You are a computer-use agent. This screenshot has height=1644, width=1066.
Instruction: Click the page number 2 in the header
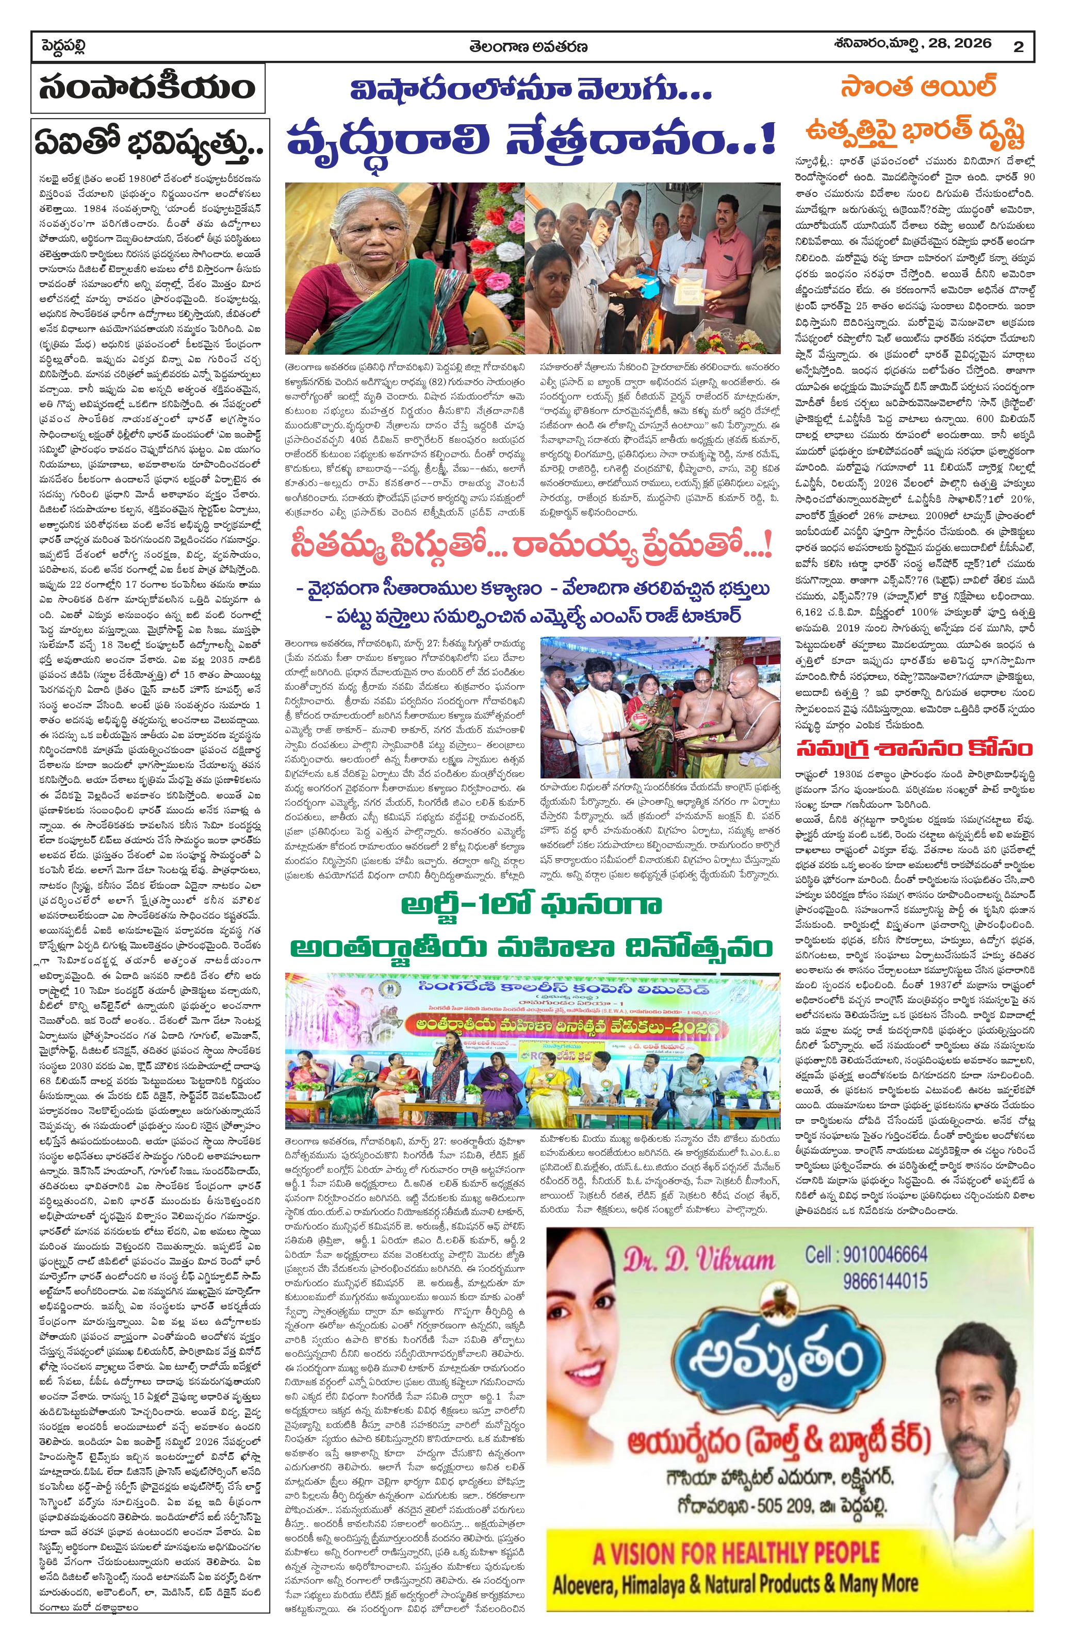tap(1019, 47)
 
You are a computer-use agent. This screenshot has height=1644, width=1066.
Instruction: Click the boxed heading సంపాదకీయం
tap(147, 89)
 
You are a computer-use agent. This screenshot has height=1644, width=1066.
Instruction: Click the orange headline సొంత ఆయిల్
tap(917, 89)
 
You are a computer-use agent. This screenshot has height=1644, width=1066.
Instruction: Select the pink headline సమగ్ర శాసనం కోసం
tap(914, 748)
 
